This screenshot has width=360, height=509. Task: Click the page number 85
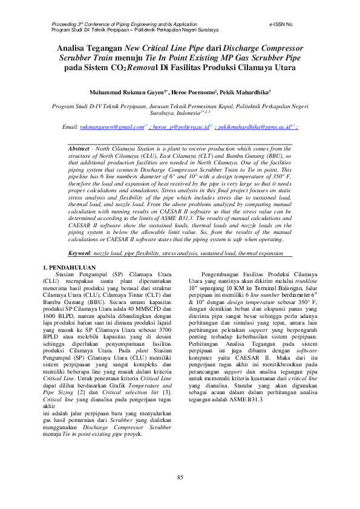(180, 479)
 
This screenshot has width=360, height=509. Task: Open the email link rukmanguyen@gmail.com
(112, 128)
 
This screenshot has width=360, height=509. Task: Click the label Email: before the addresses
(70, 128)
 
